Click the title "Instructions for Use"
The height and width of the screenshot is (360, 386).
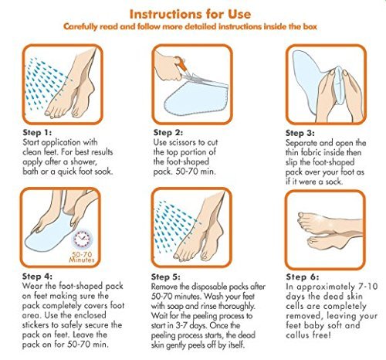pyautogui.click(x=190, y=14)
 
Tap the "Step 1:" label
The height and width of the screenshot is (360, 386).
pyautogui.click(x=37, y=133)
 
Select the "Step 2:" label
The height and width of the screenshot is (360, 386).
pyautogui.click(x=168, y=133)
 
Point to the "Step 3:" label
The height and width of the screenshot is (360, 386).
pyautogui.click(x=300, y=133)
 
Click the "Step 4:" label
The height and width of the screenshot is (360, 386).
pyautogui.click(x=37, y=277)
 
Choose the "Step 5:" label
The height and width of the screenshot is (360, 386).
pyautogui.click(x=166, y=277)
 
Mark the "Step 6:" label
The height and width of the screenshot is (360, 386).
pyautogui.click(x=303, y=277)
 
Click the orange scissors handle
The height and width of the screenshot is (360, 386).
pyautogui.click(x=181, y=64)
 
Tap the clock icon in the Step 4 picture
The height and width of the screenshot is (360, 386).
pyautogui.click(x=83, y=239)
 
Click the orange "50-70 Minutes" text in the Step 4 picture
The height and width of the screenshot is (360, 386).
pyautogui.click(x=82, y=257)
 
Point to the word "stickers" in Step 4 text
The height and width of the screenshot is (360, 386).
pyautogui.click(x=36, y=325)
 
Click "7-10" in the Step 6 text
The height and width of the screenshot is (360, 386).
pyautogui.click(x=368, y=287)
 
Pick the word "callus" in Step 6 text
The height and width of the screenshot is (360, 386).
pyautogui.click(x=297, y=335)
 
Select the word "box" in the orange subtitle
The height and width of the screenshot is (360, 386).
pyautogui.click(x=310, y=26)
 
